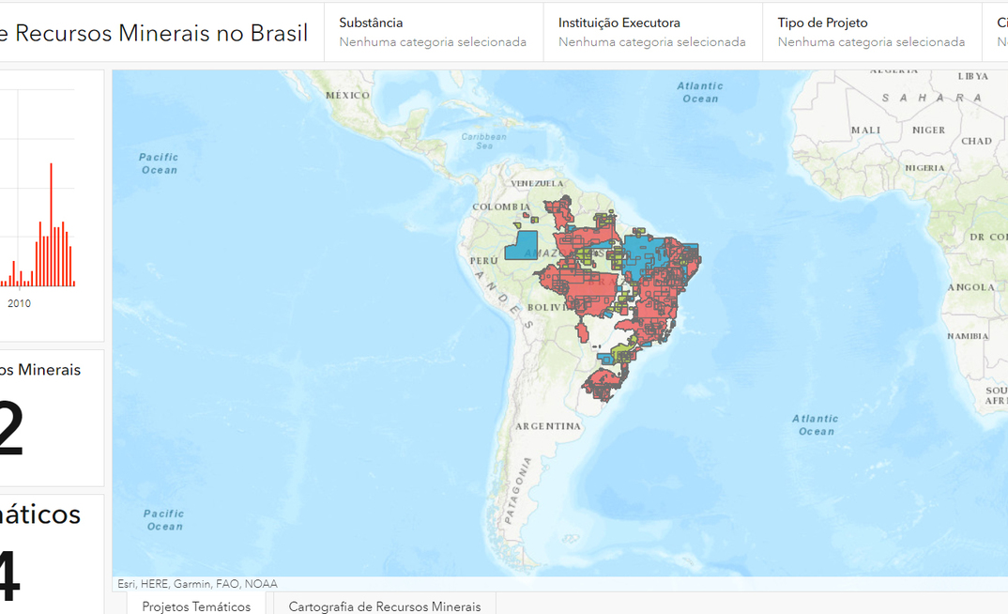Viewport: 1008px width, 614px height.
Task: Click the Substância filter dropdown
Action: coord(433,32)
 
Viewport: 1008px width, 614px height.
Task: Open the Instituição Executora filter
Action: coord(651,32)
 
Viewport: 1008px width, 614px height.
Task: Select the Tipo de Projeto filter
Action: coord(871,32)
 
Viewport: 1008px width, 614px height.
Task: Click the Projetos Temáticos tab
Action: coord(196,606)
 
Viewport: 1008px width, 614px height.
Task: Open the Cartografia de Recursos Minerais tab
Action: coord(384,606)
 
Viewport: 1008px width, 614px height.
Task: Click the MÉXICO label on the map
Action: coord(348,95)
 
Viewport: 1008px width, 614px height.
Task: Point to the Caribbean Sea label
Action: coord(483,141)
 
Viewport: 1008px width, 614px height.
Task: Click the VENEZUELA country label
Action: coord(537,183)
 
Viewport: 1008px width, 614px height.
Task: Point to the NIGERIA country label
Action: coord(924,168)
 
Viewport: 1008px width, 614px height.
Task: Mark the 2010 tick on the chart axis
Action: coord(19,303)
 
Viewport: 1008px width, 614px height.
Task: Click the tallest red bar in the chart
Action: coord(51,225)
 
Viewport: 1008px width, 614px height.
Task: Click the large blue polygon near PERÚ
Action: coord(521,246)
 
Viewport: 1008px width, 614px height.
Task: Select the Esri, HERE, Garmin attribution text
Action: coord(197,584)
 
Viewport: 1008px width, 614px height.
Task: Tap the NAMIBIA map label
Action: coord(967,335)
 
